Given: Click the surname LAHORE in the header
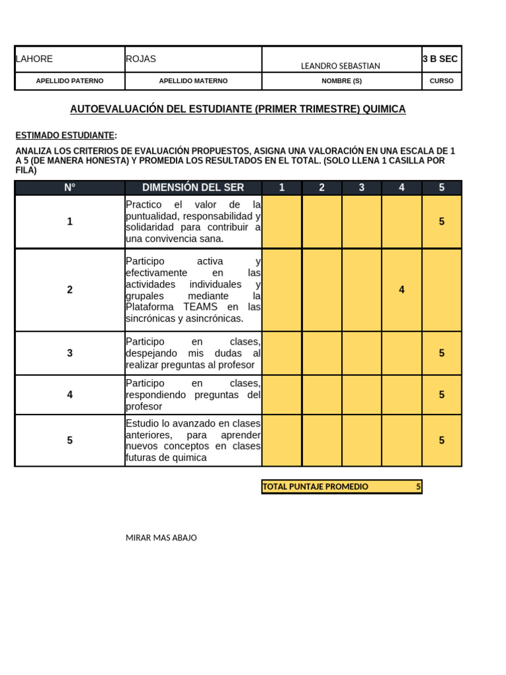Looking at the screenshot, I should [34, 59].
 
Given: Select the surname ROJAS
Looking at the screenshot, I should [141, 59].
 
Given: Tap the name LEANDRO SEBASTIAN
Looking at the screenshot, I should [340, 66].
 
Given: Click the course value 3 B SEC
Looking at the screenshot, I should [440, 59].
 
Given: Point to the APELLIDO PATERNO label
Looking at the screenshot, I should [70, 81].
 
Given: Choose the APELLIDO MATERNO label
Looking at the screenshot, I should [193, 81].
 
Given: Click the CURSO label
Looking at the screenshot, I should [441, 81].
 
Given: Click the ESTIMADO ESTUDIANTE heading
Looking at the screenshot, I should [65, 136].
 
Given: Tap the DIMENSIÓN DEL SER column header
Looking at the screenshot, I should [193, 188].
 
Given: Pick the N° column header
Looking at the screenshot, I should [70, 188].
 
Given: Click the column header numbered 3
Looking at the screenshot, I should [362, 188].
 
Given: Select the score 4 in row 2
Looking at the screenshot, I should [401, 290].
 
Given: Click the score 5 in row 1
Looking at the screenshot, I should [441, 221].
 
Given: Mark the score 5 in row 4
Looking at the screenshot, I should [441, 395].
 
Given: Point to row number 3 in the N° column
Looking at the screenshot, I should [70, 353].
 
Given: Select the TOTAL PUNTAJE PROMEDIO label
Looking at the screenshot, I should [316, 487].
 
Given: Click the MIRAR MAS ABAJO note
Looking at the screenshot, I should [161, 538].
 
